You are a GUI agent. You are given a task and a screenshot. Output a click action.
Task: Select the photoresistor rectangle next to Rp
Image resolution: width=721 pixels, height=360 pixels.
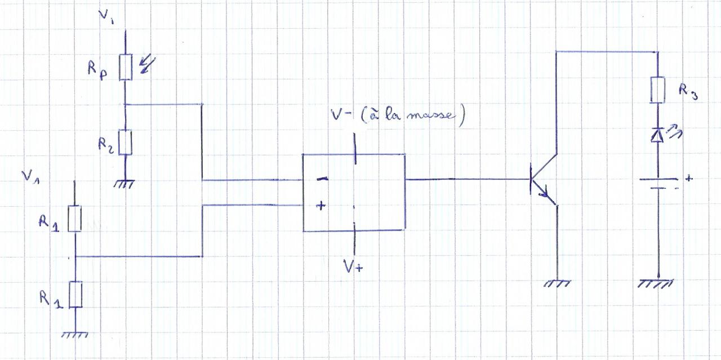coord(125,68)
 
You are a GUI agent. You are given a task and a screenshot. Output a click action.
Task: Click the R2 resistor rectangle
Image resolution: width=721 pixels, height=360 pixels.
coord(125,142)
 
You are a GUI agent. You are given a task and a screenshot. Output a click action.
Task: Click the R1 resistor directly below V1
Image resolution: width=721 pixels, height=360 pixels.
coord(75,219)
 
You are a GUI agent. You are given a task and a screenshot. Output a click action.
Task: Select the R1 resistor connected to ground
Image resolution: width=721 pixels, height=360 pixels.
coord(75,294)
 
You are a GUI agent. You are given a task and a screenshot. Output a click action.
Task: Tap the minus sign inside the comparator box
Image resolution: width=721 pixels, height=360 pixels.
coord(322,179)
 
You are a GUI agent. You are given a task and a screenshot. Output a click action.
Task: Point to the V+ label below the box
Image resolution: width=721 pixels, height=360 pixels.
coord(353,266)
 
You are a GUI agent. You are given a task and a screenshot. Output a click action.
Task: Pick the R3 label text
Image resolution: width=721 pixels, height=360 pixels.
coord(687,91)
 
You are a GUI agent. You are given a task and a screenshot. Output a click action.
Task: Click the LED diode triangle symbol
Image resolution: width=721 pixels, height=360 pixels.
coord(657,135)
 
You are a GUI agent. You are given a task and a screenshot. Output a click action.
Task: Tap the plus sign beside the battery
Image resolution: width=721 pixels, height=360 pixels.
coord(689,179)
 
